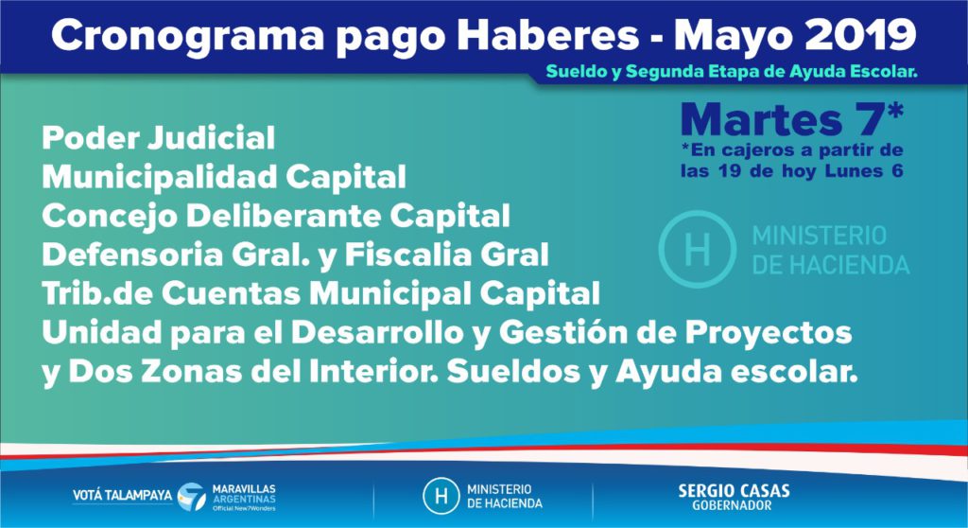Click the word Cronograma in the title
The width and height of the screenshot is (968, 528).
coord(188,36)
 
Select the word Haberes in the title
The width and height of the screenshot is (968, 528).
coord(548,35)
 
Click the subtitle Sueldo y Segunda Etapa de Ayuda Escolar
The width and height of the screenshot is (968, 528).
coord(732,72)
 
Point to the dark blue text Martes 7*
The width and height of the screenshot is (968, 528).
coord(792,118)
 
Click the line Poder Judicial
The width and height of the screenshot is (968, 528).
coord(158,138)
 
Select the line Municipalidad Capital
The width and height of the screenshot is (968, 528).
coord(224,178)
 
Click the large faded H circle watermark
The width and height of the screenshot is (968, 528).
coord(698,249)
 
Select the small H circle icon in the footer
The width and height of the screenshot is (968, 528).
coord(441,496)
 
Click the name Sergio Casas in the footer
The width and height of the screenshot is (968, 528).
coord(734,491)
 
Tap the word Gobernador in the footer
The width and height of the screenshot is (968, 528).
coord(733,505)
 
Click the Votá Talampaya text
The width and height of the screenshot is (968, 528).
coord(122,496)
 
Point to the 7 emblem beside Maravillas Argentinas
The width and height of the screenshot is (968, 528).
coord(192,497)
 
